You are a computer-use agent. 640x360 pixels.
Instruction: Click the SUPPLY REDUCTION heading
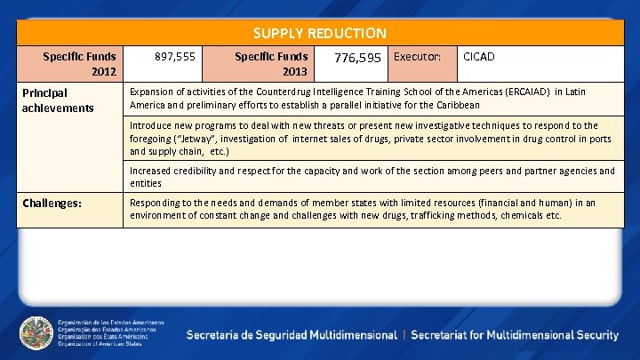pyautogui.click(x=319, y=33)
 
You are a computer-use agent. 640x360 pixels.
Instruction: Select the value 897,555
pyautogui.click(x=176, y=56)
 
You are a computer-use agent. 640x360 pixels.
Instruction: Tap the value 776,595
pyautogui.click(x=356, y=58)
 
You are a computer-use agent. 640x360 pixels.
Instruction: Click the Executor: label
pyautogui.click(x=417, y=56)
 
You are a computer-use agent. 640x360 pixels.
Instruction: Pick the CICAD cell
pyautogui.click(x=479, y=56)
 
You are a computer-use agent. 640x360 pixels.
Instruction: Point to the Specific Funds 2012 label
pyautogui.click(x=79, y=63)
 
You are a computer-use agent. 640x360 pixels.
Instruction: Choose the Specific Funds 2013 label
pyautogui.click(x=271, y=63)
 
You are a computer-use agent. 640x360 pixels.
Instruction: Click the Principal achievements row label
pyautogui.click(x=58, y=100)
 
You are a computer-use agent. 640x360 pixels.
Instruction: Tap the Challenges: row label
pyautogui.click(x=52, y=203)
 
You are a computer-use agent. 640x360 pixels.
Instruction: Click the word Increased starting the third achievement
pyautogui.click(x=153, y=171)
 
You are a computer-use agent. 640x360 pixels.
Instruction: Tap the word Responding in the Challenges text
pyautogui.click(x=157, y=203)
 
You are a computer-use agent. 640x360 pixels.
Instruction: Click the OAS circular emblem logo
pyautogui.click(x=36, y=334)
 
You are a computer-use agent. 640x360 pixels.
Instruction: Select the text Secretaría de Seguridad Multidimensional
pyautogui.click(x=292, y=335)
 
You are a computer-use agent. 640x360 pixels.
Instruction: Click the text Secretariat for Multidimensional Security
pyautogui.click(x=515, y=335)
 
